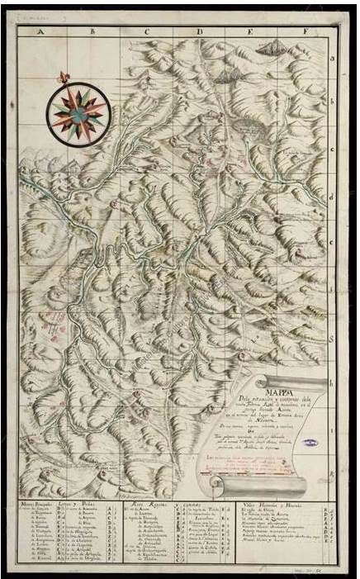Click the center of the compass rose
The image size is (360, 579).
click(x=73, y=112)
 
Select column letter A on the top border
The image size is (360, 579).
click(x=39, y=33)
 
